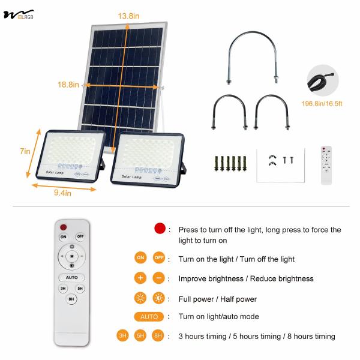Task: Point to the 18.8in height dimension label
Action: (x=68, y=85)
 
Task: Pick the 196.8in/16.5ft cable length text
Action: (x=322, y=103)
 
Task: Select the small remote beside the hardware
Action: (x=326, y=165)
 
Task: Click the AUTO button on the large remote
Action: (x=72, y=278)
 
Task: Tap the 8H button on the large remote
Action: (x=71, y=298)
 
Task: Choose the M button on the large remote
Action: (x=72, y=257)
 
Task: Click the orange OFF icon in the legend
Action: (x=159, y=259)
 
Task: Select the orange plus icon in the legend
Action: (x=140, y=278)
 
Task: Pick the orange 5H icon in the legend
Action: (x=140, y=336)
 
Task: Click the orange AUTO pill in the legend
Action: (x=149, y=317)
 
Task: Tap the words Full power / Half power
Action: (x=217, y=299)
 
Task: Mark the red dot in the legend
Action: (x=159, y=229)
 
